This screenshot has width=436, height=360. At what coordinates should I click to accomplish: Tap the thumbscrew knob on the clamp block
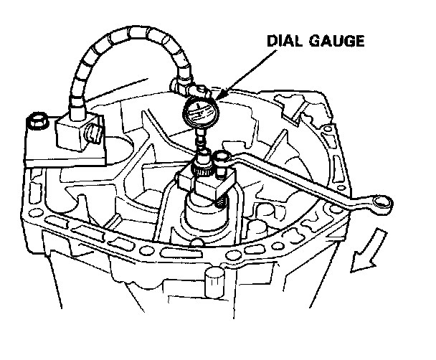94,133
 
